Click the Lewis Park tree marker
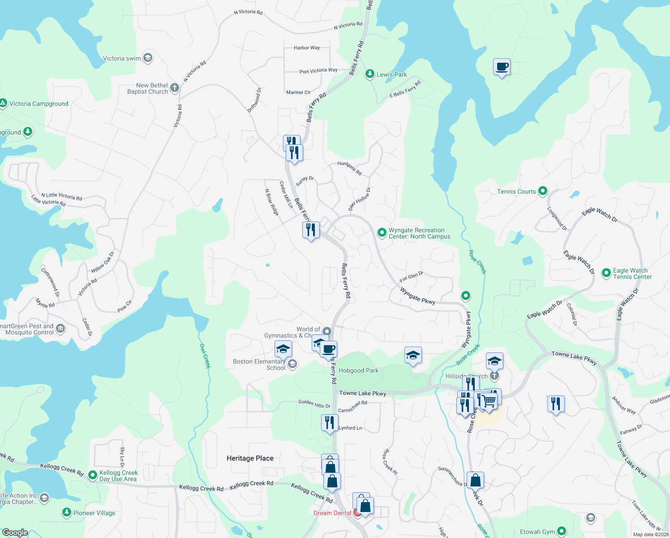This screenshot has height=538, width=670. [x=369, y=74]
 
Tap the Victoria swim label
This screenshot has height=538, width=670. [x=122, y=58]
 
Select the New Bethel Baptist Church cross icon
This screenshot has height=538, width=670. [x=175, y=88]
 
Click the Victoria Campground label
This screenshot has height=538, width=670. [x=39, y=104]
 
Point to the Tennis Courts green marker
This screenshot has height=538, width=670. [x=542, y=191]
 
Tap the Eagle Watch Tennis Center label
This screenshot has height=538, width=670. [x=632, y=273]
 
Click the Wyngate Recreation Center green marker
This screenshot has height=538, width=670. [x=382, y=232]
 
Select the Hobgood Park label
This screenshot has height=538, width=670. [x=358, y=370]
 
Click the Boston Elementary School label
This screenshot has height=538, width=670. [x=259, y=364]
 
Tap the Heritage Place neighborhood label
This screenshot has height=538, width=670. [x=250, y=458]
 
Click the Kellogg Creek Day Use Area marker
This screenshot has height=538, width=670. [x=93, y=475]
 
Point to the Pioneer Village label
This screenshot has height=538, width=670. [x=94, y=513]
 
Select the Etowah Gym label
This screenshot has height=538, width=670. [x=537, y=532]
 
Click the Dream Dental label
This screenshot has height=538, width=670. [x=332, y=513]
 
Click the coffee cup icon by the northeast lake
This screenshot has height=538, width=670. [x=502, y=67]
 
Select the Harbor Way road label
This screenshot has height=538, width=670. [x=307, y=48]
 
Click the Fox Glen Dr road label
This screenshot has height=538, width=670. [x=411, y=276]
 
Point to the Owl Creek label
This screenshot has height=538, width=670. [x=205, y=356]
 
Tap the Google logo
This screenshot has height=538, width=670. [x=15, y=533]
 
